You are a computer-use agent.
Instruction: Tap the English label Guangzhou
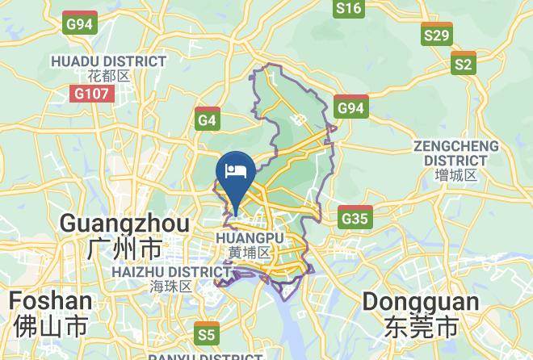[125, 223]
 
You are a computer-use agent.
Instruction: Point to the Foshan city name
[51, 301]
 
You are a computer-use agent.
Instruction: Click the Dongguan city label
[420, 302]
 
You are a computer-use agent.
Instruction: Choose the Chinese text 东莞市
[420, 327]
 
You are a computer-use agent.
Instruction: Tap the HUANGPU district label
[250, 238]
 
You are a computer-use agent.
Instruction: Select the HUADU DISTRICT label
[108, 61]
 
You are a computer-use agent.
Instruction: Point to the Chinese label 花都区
[108, 77]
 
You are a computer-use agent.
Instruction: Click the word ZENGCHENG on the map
[455, 146]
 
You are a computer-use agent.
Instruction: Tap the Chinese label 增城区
[455, 175]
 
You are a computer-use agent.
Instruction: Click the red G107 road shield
[92, 94]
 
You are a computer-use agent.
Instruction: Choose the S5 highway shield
[207, 333]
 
